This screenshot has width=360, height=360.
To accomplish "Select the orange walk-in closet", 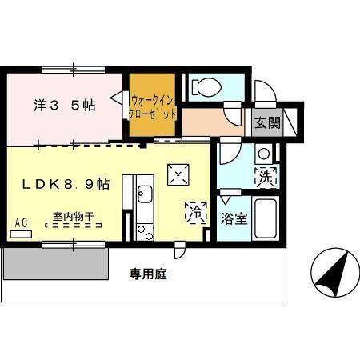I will point(151,106).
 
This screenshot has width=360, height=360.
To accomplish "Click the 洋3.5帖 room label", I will point(64,104).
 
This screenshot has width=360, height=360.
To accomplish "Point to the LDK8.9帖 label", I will point(66,184).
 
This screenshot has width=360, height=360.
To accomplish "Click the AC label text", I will point(21,222).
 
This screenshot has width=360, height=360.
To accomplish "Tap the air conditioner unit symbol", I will point(22,234).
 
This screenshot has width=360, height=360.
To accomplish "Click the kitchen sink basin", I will point(145,194).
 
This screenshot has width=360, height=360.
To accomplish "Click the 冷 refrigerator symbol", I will point(195,213).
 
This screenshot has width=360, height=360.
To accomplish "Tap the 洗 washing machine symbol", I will point(266,177).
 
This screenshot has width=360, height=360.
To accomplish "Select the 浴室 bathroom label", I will point(233,219).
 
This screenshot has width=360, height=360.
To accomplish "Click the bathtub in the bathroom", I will point(265,218).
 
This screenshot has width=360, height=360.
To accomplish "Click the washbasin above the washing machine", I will point(264,154).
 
